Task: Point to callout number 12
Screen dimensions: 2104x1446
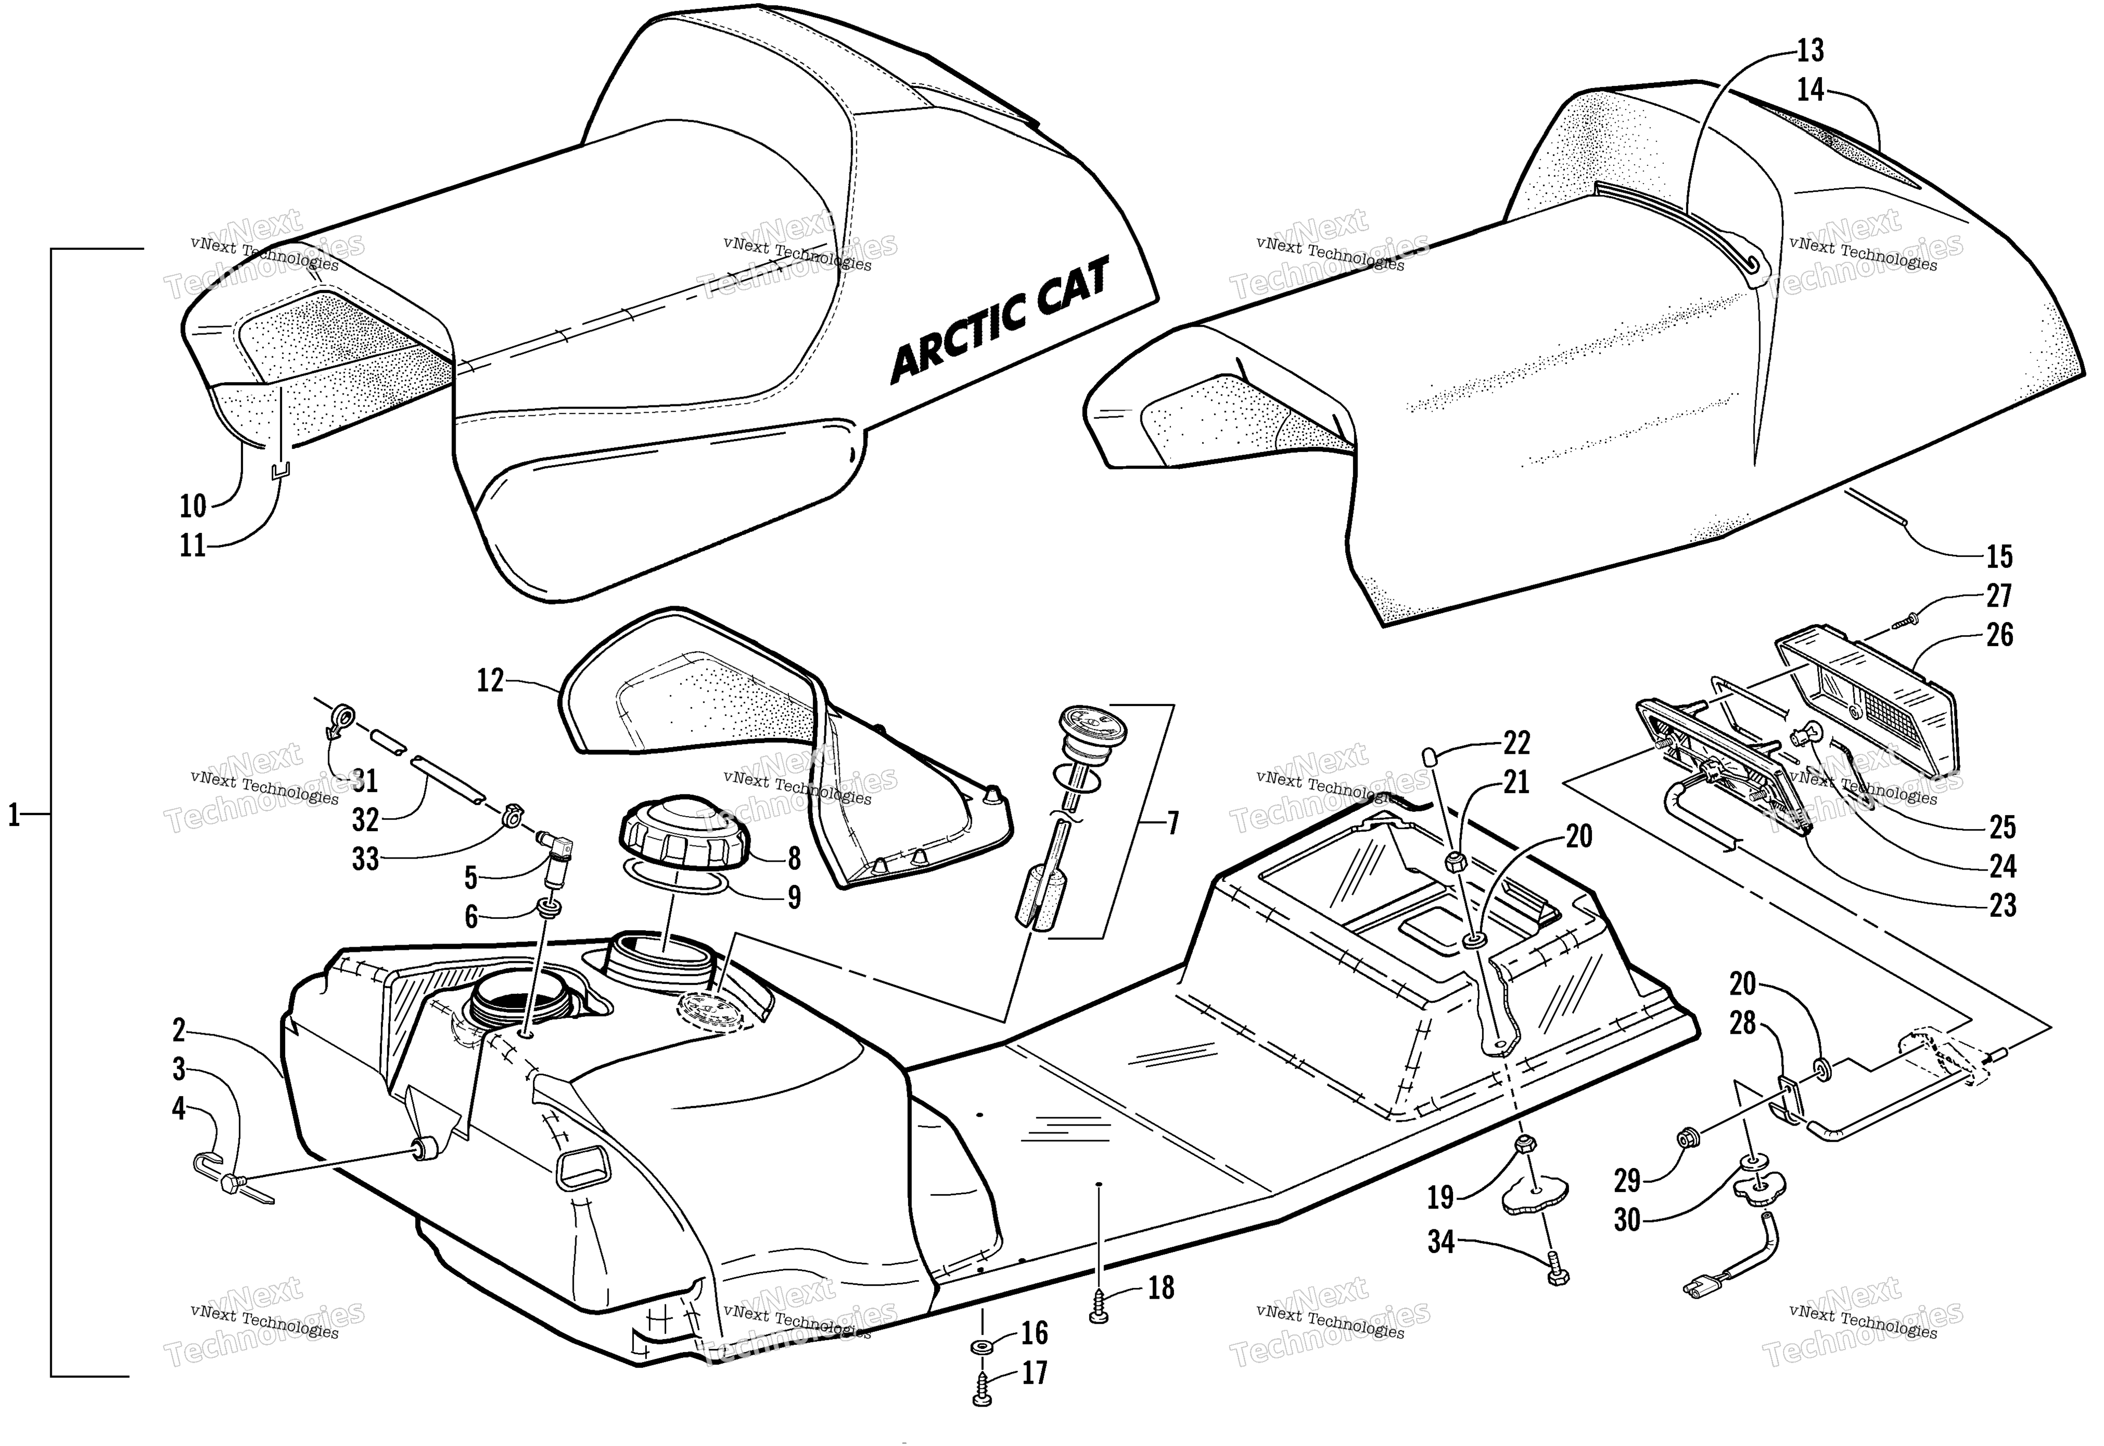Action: tap(490, 680)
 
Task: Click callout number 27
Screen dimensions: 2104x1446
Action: tap(1999, 595)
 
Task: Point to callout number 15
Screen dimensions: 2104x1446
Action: tap(1999, 556)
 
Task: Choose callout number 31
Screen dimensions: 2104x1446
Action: tap(365, 780)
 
